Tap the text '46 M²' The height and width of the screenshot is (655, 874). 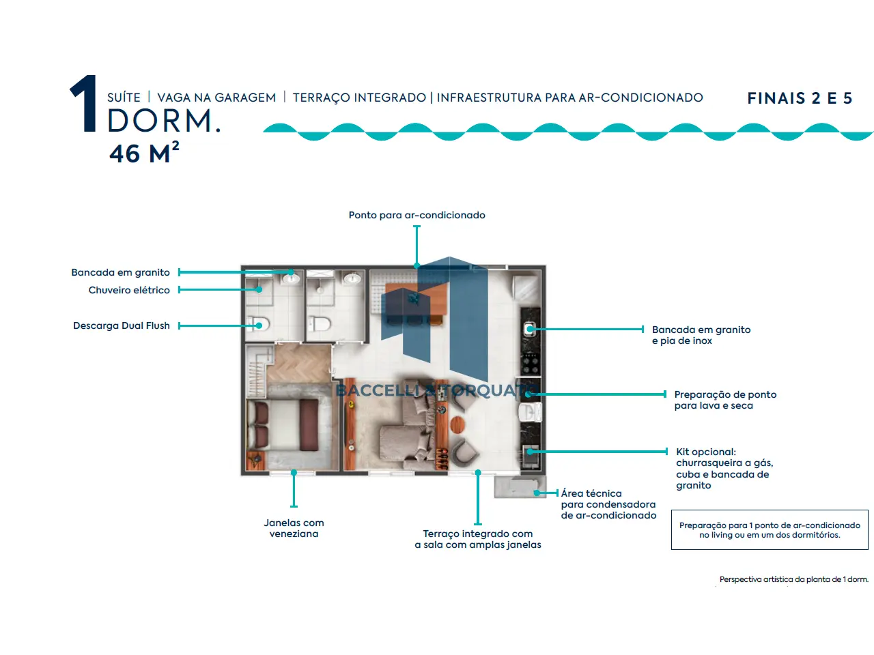click(144, 152)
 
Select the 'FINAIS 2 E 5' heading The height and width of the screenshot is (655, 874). click(800, 98)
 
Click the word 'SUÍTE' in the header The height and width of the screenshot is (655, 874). click(124, 97)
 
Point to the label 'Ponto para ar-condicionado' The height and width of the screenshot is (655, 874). click(417, 215)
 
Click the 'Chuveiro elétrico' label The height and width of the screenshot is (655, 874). click(129, 290)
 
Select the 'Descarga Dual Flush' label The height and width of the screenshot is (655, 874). click(122, 325)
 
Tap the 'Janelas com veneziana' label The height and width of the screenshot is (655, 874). click(294, 528)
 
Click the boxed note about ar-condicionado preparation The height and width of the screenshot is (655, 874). click(770, 529)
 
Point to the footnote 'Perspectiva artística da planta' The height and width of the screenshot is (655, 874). click(794, 579)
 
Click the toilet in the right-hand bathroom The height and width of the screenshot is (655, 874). click(320, 323)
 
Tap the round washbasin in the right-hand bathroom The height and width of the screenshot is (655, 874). click(352, 278)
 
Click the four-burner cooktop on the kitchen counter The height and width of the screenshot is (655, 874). click(531, 363)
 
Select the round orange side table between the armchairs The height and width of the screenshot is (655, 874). click(457, 424)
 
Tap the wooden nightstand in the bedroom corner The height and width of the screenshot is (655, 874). click(255, 461)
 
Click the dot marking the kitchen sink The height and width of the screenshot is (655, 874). click(531, 329)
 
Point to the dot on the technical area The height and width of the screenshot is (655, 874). click(537, 493)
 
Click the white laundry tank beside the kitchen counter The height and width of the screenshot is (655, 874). click(530, 411)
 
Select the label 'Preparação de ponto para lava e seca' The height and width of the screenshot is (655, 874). click(725, 400)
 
